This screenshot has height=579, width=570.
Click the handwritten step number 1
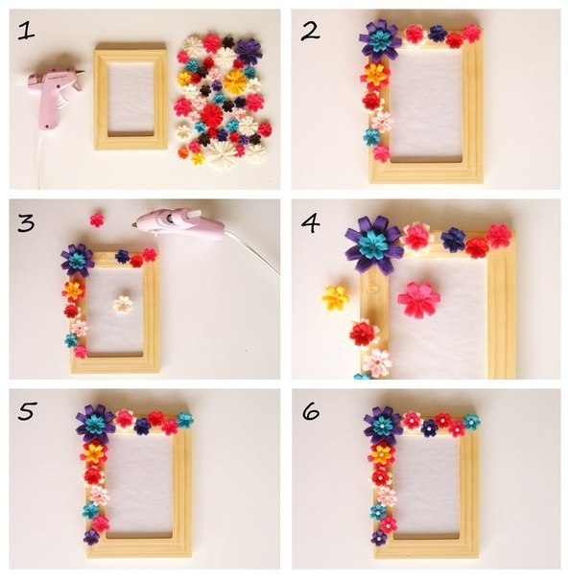pos(26,31)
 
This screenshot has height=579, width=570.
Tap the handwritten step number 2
pos(311,32)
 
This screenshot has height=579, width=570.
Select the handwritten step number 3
pos(26,222)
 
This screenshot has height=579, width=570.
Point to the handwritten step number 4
pos(311,223)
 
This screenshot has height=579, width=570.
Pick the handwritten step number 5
pos(27,411)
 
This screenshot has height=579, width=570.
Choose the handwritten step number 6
pos(311,411)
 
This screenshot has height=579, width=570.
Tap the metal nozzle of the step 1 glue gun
pos(82,73)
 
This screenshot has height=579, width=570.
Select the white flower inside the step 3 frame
pos(123,304)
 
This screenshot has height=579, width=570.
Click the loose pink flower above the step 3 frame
pos(97,220)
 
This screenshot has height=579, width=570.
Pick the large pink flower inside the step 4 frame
pos(419,298)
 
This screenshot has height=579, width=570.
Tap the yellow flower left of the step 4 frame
pos(335,298)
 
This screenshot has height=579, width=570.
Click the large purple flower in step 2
pos(381,40)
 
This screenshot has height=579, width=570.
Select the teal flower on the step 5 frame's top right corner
pos(184,421)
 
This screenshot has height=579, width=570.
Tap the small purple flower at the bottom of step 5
pos(91,537)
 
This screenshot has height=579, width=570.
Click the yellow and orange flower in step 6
pos(382,455)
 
